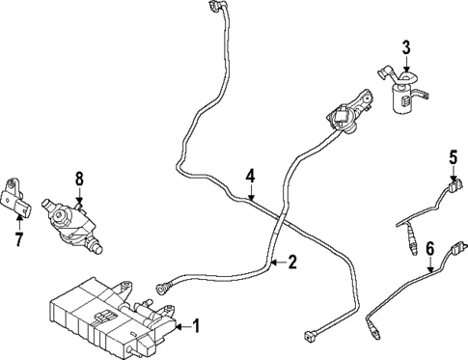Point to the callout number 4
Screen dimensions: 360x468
[249, 177]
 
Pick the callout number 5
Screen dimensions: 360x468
[452, 156]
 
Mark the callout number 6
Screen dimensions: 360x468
[430, 249]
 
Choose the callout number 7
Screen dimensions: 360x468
[17, 237]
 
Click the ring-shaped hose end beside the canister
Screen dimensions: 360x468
[161, 285]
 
